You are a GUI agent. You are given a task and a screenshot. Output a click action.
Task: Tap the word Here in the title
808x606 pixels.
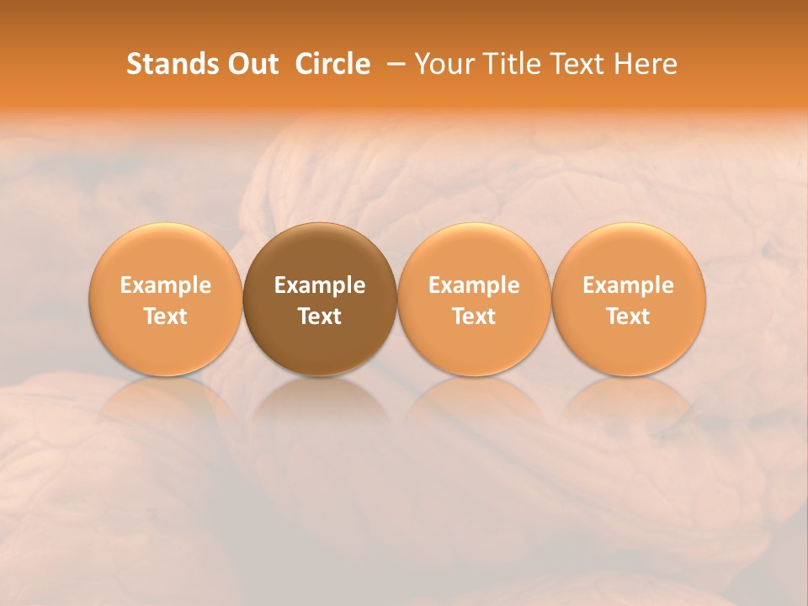tap(644, 64)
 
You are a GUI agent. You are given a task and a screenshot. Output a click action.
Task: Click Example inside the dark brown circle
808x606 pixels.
tap(320, 285)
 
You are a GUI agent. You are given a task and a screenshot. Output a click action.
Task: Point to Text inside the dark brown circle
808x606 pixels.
tap(320, 316)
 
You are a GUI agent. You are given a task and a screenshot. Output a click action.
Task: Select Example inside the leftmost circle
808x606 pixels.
tap(165, 285)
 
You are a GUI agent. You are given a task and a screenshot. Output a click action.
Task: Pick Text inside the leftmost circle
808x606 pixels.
tap(165, 316)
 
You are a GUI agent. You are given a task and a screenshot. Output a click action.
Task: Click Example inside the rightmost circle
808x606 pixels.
tap(629, 285)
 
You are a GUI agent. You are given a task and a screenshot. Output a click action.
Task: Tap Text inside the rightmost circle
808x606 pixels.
tap(629, 316)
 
